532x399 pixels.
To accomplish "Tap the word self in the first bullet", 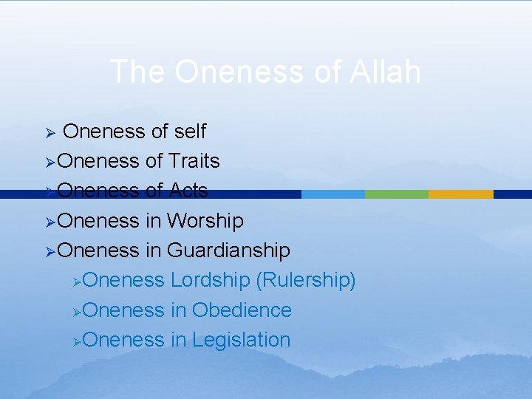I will [190, 132].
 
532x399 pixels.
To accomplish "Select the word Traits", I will [194, 161].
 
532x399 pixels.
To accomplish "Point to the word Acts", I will [188, 191].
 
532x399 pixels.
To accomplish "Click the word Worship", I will [205, 220].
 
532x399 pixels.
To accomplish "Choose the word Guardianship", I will [228, 250].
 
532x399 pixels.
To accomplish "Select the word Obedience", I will [242, 310].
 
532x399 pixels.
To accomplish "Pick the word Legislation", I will [241, 340].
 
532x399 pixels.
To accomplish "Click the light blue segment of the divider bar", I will [332, 194].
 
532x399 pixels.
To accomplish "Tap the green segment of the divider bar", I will [396, 194].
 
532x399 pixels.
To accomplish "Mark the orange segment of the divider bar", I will [460, 194].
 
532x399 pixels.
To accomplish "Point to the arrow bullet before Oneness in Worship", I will [50, 221].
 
